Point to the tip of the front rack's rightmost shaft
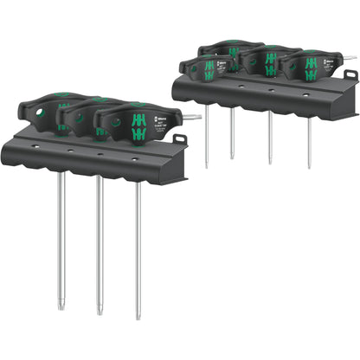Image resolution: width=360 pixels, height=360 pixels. [138, 317]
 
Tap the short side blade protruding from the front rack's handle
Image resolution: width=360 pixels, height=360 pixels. [192, 116]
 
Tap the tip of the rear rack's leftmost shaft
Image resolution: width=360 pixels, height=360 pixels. [206, 165]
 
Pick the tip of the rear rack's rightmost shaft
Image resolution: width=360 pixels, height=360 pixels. [309, 166]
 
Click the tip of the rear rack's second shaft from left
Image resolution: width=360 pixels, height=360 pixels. [231, 157]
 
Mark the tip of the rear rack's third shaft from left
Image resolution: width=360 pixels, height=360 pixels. [269, 162]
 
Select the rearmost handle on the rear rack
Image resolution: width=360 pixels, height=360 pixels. [231, 47]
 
